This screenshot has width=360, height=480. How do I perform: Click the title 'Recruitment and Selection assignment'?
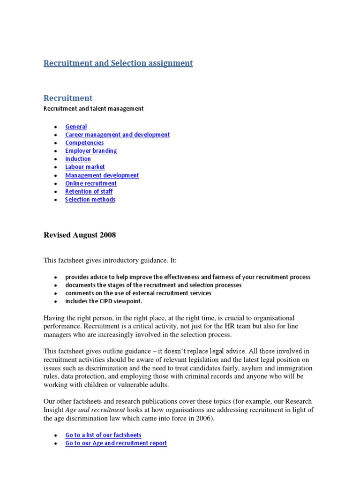click(x=118, y=63)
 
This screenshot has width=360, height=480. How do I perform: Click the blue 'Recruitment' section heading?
click(x=68, y=98)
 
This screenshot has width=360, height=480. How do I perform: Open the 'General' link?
click(x=76, y=127)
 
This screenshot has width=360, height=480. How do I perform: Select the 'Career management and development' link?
click(x=117, y=135)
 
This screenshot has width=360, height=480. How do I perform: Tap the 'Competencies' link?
click(x=84, y=142)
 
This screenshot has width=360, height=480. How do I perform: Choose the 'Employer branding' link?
click(x=91, y=150)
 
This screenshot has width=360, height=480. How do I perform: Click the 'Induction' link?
click(x=78, y=158)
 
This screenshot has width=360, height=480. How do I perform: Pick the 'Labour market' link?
click(x=85, y=167)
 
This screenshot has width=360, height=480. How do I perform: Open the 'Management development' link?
click(x=102, y=175)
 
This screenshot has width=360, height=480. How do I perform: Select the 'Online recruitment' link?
click(x=91, y=183)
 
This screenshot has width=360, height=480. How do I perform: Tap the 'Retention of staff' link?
click(x=89, y=191)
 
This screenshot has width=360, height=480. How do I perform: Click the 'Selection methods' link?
click(x=90, y=199)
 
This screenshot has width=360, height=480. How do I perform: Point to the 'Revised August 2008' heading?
click(x=80, y=235)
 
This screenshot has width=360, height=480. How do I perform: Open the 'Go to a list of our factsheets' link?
click(x=103, y=435)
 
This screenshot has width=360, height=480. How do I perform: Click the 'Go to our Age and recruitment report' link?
click(x=116, y=443)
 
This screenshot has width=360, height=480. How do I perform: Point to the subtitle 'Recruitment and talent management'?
click(x=93, y=109)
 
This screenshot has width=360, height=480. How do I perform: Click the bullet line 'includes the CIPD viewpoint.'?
click(x=103, y=301)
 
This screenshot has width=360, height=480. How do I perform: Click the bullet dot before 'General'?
click(x=56, y=127)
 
